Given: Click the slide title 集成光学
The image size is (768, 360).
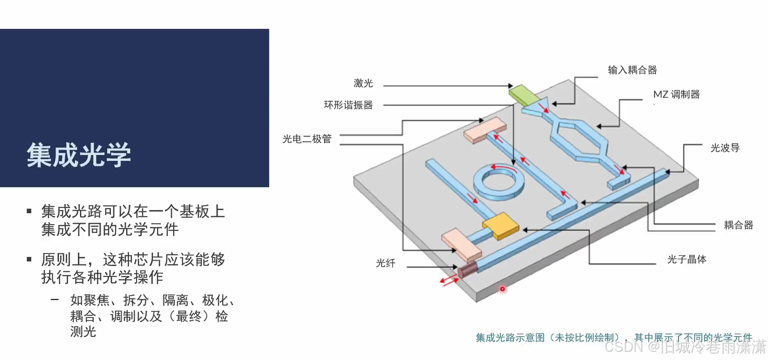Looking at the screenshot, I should [x=79, y=155].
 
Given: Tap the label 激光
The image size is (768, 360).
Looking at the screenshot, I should [x=363, y=83].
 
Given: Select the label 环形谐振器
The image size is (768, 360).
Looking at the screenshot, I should [x=348, y=105].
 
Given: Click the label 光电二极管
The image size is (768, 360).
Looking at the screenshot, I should [x=307, y=139].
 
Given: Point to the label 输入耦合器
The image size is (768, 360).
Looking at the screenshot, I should [x=632, y=70].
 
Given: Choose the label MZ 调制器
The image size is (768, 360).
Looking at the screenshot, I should [x=676, y=94].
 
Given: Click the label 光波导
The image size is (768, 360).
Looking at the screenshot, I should [x=725, y=148].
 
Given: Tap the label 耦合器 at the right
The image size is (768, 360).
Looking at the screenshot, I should [x=738, y=225].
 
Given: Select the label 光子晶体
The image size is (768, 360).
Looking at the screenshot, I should [x=686, y=259].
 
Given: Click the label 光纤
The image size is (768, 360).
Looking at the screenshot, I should [x=385, y=263].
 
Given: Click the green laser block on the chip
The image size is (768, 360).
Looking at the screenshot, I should [x=524, y=94].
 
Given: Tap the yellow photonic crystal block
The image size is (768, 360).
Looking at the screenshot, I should [x=500, y=226].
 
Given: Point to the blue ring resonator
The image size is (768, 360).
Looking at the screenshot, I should [x=499, y=182].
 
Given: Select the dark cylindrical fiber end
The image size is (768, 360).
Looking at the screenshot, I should [x=467, y=270].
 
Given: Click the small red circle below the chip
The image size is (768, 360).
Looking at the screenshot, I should [x=502, y=289].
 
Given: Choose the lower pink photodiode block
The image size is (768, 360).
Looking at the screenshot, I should [x=461, y=245].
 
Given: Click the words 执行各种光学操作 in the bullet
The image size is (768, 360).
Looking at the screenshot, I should [x=102, y=277].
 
